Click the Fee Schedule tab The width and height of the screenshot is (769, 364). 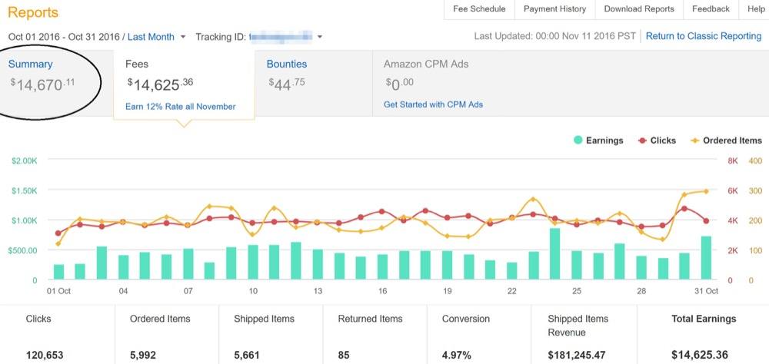[x=479, y=9]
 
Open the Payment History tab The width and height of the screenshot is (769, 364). [x=554, y=9]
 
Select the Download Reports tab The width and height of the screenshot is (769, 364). [x=638, y=9]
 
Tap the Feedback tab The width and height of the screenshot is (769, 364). [x=710, y=9]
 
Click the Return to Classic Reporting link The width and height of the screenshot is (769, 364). [x=703, y=36]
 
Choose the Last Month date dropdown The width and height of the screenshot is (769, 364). [x=156, y=37]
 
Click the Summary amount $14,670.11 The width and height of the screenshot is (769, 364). [x=42, y=84]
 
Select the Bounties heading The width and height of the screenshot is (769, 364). [x=286, y=65]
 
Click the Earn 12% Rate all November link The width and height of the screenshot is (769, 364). [x=180, y=107]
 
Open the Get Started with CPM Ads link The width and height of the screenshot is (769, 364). [x=433, y=104]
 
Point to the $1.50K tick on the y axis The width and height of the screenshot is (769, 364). [x=24, y=190]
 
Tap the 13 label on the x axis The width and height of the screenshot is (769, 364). [x=317, y=291]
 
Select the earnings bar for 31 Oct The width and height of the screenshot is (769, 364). [x=706, y=258]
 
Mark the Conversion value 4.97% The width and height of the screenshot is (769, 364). [x=459, y=356]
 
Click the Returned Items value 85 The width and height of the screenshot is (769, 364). [x=345, y=356]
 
